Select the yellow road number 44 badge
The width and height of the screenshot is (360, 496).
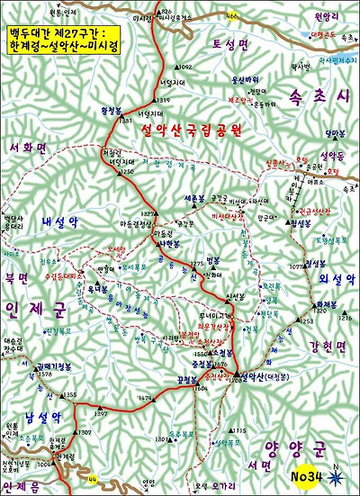[x=93, y=477]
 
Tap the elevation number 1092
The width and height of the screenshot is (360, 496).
[x=184, y=68]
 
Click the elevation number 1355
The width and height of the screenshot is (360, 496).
[x=71, y=395]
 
